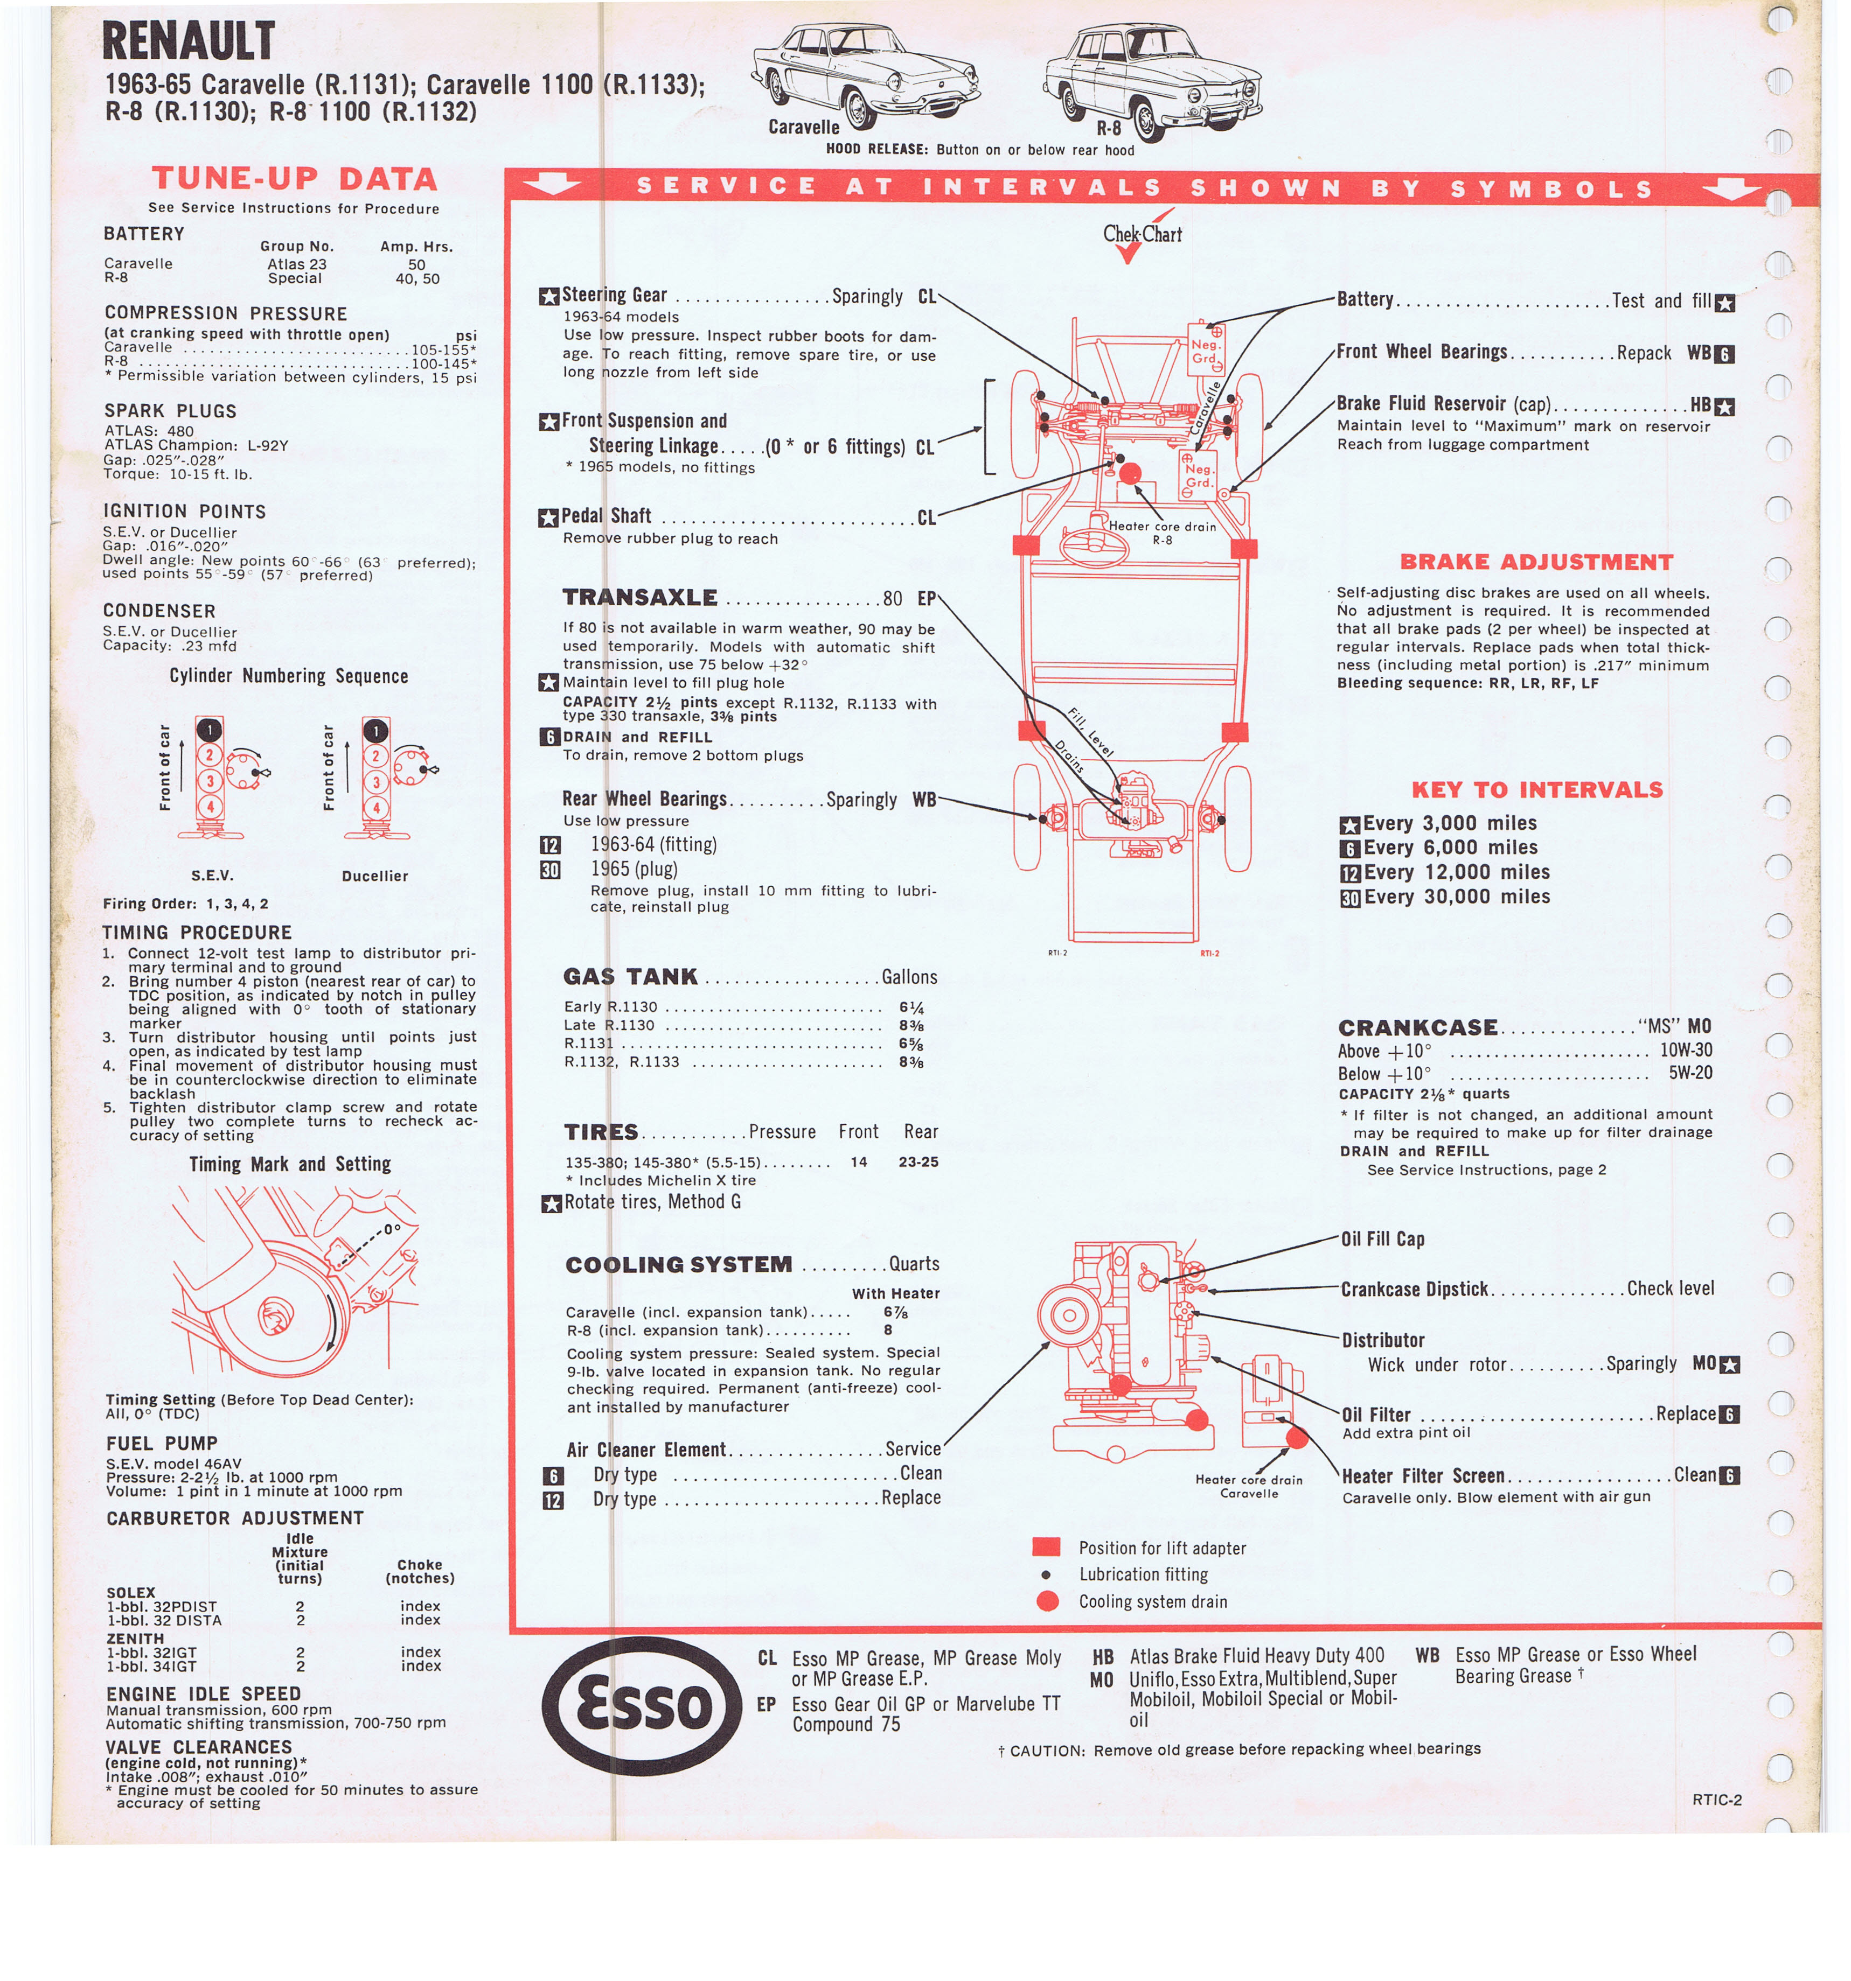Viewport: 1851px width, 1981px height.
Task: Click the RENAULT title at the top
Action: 189,42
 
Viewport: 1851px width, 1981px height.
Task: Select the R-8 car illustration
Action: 1152,80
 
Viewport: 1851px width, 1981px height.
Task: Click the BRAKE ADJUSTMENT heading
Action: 1536,562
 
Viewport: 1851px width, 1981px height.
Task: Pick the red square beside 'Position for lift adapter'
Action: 1046,1546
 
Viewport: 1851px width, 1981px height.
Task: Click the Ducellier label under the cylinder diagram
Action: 375,876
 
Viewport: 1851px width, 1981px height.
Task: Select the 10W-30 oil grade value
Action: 1686,1049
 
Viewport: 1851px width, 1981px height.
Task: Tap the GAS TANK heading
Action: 630,977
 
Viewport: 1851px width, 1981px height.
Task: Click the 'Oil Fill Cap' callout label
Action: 1382,1238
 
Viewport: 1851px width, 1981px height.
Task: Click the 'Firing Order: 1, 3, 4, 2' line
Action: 185,904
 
